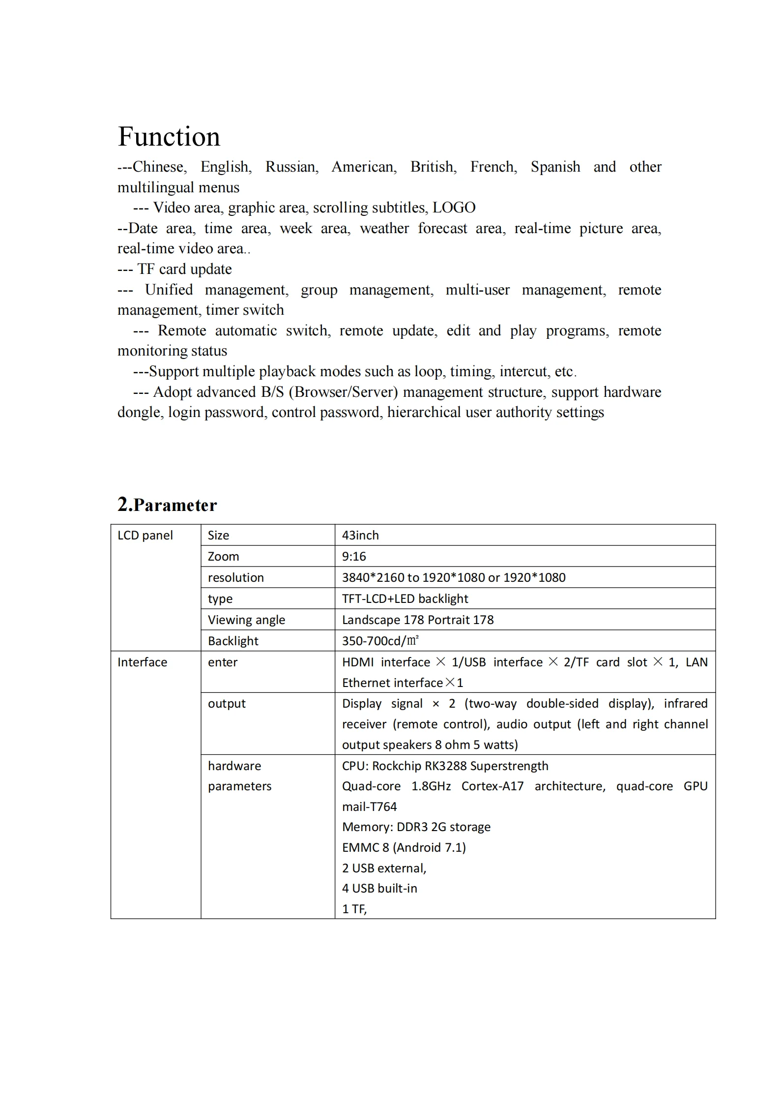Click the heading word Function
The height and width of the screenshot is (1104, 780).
[169, 137]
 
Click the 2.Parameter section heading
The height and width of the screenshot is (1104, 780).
[167, 505]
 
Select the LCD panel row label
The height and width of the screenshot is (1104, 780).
[145, 536]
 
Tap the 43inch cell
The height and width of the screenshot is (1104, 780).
[360, 536]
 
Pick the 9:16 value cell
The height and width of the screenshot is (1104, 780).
[354, 557]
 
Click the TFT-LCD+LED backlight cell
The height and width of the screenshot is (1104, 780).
[405, 599]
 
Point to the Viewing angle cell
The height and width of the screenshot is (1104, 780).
[246, 620]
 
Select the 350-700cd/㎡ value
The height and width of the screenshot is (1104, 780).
[380, 641]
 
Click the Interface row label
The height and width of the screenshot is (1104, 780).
[142, 662]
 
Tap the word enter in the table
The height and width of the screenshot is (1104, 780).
[222, 662]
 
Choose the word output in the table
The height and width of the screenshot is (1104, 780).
[227, 704]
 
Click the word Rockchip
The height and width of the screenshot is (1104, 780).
[398, 766]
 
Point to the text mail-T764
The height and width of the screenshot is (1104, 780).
[369, 807]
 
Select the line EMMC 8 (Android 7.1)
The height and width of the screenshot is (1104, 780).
[404, 848]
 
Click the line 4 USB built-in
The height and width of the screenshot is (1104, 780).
[379, 889]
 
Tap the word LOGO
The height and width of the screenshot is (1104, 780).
[454, 208]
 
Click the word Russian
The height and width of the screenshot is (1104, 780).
[291, 167]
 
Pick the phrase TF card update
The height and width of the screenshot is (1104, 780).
[184, 269]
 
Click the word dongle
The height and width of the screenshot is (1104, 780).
[140, 412]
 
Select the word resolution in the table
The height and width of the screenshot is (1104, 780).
[235, 578]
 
